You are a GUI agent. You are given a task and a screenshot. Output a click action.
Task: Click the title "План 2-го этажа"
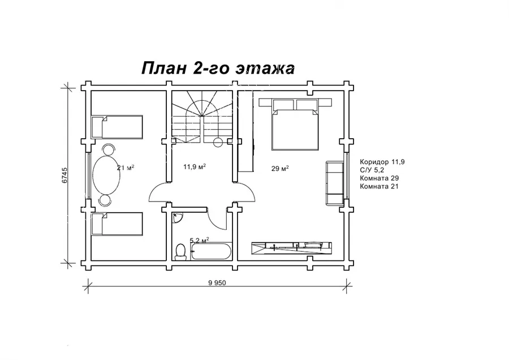[x=218, y=68]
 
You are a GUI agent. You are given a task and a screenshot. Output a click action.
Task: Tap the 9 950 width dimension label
[x=217, y=282]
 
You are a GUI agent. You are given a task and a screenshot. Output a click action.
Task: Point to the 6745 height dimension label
[x=64, y=175]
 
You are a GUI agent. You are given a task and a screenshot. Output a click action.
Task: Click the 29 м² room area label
[x=280, y=169]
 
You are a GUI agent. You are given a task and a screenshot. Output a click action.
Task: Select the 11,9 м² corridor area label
[x=195, y=167]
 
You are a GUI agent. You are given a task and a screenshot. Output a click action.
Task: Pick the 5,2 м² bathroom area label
[x=199, y=241]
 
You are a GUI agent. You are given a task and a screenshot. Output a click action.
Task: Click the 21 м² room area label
[x=126, y=168]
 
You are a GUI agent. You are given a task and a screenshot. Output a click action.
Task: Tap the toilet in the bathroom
[x=180, y=252]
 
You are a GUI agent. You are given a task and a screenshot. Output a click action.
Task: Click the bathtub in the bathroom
[x=212, y=252]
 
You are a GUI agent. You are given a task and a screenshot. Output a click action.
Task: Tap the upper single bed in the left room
[x=117, y=127]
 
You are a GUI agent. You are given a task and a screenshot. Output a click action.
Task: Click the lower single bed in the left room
[x=117, y=224]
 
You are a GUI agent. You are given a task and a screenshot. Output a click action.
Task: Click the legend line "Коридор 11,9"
[x=382, y=162]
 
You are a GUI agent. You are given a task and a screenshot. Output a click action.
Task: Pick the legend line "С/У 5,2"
[x=372, y=170]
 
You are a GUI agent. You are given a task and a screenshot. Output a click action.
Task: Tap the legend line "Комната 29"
[x=379, y=178]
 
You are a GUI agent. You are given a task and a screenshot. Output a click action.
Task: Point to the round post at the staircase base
[x=218, y=142]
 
